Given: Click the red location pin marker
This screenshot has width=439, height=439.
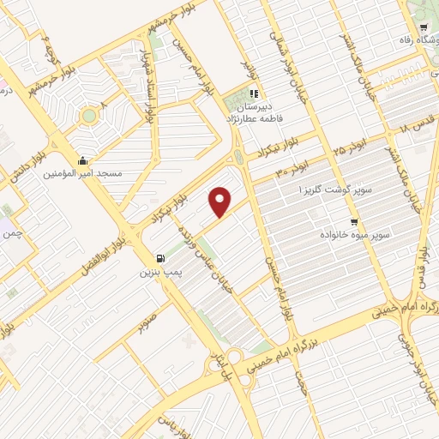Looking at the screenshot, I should [x=221, y=201].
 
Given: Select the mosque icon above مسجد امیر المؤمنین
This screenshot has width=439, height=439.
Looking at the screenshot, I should [x=81, y=160].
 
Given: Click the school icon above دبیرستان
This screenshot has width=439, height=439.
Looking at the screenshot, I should [x=253, y=94].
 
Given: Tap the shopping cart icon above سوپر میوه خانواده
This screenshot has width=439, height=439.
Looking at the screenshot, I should [x=354, y=221].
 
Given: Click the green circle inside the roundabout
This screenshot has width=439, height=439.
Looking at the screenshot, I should [x=88, y=116].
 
